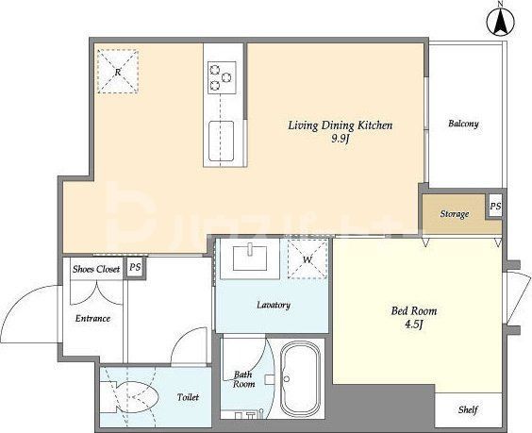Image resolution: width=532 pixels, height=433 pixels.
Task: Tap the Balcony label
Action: (463, 124)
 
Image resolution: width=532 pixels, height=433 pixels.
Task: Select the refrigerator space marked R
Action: (118, 72)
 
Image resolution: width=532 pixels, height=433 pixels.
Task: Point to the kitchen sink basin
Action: (221, 141)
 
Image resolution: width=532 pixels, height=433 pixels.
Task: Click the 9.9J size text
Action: (341, 139)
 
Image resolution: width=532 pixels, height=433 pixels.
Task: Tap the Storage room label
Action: (455, 214)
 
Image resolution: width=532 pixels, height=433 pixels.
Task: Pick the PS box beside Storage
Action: (495, 207)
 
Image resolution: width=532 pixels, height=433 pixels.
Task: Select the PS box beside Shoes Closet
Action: (135, 267)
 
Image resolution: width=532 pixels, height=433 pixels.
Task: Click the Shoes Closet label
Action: (96, 270)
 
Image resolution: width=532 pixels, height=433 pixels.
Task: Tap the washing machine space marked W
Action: (308, 259)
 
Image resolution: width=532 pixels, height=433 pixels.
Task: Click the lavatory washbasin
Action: (250, 258)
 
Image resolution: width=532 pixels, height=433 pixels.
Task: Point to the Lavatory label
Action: (274, 305)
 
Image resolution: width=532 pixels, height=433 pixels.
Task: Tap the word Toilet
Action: (188, 397)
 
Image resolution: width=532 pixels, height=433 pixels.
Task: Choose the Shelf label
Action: (468, 410)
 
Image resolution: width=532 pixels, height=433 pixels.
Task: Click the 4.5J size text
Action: (413, 325)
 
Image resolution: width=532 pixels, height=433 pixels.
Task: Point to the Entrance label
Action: (92, 319)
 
